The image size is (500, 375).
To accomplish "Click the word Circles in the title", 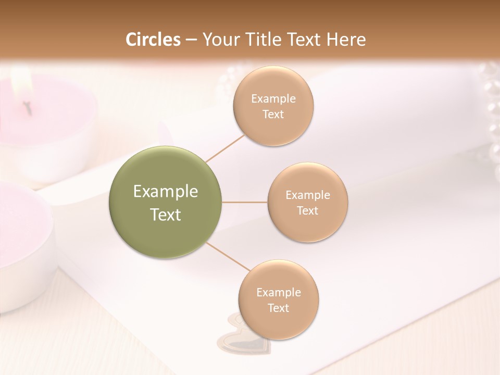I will [x=153, y=40].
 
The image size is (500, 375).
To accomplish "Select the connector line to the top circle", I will [x=224, y=148].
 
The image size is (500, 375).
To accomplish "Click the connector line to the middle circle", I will [x=245, y=202].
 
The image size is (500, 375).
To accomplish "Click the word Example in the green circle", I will [x=166, y=192].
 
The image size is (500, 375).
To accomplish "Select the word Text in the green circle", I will [x=166, y=215].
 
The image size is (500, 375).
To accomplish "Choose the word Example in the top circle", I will [x=273, y=99].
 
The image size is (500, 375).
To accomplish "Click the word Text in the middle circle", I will [x=308, y=210].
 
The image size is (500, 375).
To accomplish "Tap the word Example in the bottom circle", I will [x=279, y=292].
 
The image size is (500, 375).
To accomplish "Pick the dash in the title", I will [x=191, y=40].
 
